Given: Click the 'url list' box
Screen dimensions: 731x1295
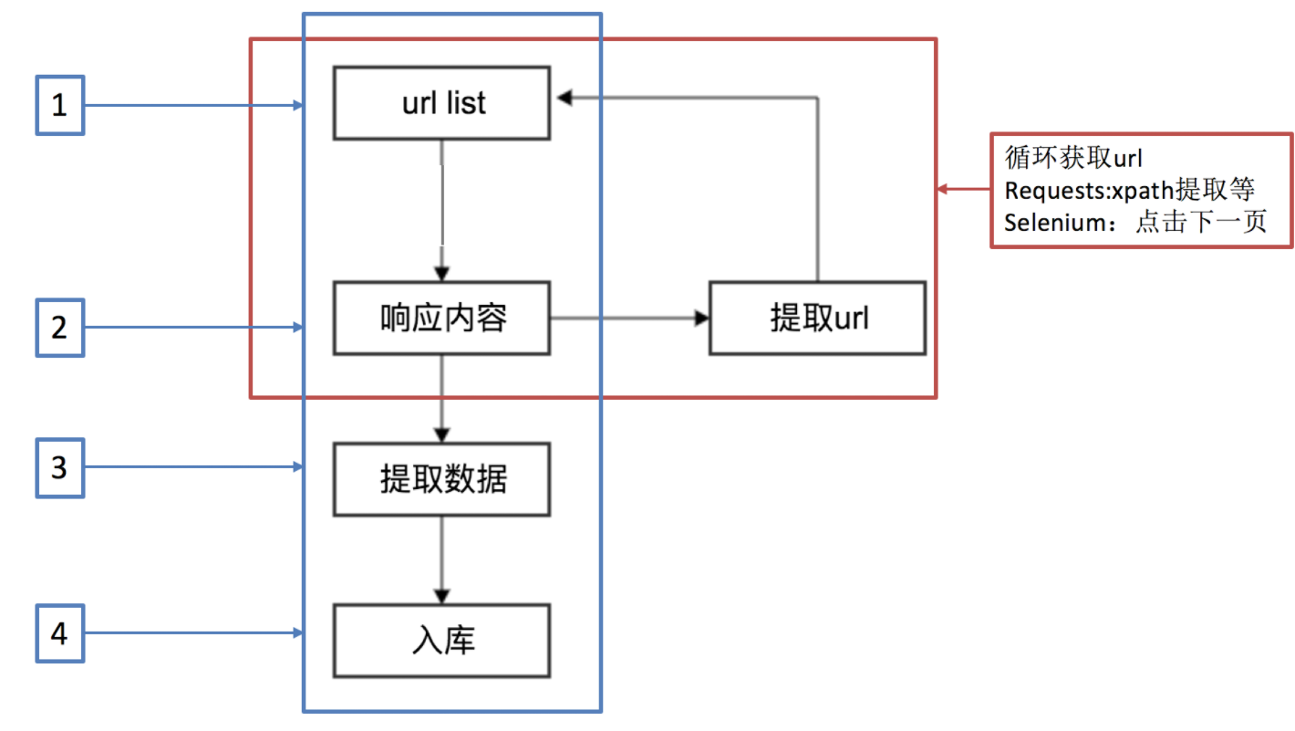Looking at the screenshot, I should point(441,103).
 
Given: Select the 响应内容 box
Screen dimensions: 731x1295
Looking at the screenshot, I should point(441,319).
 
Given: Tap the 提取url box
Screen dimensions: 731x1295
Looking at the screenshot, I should point(818,319).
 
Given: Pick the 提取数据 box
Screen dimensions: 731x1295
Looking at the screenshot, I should point(441,479).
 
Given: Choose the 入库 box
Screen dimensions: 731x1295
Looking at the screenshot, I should point(441,640).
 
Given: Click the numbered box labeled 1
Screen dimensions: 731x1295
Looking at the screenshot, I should point(59,106).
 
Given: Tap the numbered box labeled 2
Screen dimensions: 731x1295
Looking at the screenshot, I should point(59,327).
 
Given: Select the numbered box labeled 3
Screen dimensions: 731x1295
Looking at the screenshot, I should point(59,468).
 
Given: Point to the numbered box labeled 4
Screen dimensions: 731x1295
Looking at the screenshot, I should point(59,632).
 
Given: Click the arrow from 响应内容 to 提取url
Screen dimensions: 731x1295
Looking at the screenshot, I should point(629,319).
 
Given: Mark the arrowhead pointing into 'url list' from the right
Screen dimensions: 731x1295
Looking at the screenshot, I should point(566,95).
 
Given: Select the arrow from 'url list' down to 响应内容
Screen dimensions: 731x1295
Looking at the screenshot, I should point(442,210).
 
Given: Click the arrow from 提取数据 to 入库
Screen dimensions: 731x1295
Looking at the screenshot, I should point(442,559).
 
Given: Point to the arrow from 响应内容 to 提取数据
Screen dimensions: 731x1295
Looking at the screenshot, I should point(442,398).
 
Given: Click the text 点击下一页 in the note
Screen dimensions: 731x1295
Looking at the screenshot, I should point(1200,223).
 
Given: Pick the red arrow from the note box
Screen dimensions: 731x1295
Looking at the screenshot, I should point(964,190).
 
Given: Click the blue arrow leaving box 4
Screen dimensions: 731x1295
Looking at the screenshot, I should point(192,632).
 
